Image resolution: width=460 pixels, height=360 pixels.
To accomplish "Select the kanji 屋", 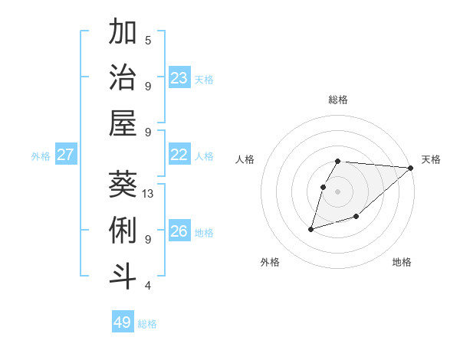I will click(123, 123).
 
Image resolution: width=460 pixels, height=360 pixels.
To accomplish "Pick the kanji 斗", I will click(123, 276).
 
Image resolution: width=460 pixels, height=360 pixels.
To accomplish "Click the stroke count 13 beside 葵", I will click(148, 194).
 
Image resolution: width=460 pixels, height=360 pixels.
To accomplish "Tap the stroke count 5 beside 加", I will click(148, 41).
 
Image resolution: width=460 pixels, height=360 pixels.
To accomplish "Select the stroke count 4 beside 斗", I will click(148, 286).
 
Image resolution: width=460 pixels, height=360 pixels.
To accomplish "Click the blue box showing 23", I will click(179, 78).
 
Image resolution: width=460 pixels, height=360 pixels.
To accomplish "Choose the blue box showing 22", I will click(179, 155).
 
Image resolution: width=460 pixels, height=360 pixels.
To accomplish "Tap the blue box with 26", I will click(179, 231).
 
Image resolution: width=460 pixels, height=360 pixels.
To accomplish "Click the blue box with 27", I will click(65, 155).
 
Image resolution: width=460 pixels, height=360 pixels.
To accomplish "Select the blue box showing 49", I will click(122, 322).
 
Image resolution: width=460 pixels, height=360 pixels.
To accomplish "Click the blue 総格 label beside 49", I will click(147, 324).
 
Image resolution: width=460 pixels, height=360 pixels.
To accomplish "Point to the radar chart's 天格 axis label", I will click(431, 159).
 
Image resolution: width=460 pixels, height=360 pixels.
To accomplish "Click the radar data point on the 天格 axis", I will click(411, 168).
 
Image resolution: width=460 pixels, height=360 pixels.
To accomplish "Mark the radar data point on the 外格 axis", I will click(311, 228).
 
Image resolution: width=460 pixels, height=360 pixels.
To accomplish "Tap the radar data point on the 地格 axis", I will click(356, 217).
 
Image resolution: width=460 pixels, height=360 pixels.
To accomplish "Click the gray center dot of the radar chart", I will click(337, 191).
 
